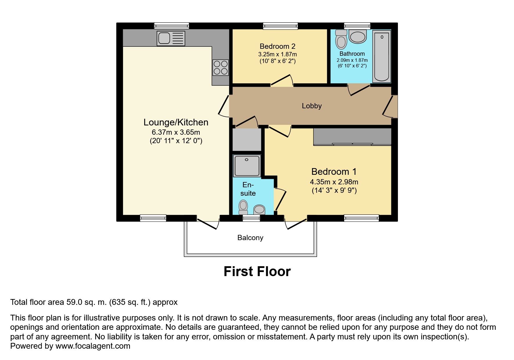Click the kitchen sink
pos(171,38)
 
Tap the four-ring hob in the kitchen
pos(221,67)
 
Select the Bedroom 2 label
pos(277,46)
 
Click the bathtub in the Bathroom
pos(381,56)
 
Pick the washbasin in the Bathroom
pos(358,37)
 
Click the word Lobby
pos(312,106)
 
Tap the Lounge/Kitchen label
pos(176,122)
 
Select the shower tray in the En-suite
pos(247,166)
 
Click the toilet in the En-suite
pos(243,207)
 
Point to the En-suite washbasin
pos(259,209)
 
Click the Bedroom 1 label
pos(334,172)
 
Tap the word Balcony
pos(250,238)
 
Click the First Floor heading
pos(257,271)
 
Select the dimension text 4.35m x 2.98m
pos(334,182)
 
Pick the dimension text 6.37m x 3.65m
pos(176,132)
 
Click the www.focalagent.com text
pos(93,346)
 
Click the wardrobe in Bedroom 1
pos(352,137)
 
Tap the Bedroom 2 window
pos(280,26)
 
